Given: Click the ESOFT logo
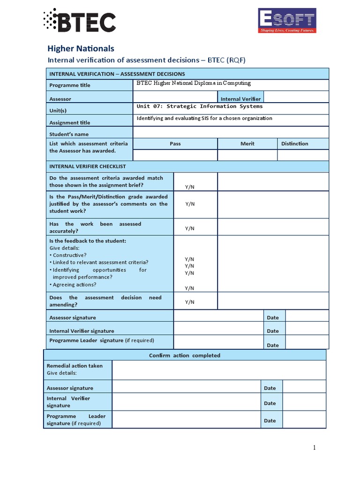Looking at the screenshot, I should point(287,21).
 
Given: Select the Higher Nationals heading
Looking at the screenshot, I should point(81,48).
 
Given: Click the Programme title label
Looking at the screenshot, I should point(70,85).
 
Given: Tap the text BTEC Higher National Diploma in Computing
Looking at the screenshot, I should point(194,83).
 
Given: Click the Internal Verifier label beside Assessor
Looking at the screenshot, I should point(240,99).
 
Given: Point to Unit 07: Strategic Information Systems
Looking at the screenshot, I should point(199,106).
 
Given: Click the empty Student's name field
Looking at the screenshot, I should point(231,133).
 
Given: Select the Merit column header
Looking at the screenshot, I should point(247,143).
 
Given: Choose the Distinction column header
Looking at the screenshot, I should point(295,143).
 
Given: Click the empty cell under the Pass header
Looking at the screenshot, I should point(175,155).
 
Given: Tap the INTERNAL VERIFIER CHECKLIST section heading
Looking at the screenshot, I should point(87,166).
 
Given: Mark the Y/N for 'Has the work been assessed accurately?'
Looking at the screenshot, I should point(190,228).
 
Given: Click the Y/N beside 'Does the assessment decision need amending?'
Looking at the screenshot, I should point(190,302).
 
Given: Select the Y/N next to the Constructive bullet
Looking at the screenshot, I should point(190,259).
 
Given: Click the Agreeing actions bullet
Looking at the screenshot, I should point(73,285).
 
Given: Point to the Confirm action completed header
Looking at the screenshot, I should point(185,355).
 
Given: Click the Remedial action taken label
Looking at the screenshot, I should point(75,366).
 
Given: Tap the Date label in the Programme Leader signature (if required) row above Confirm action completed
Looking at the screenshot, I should point(273,345).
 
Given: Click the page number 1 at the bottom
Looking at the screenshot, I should point(315,448).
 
